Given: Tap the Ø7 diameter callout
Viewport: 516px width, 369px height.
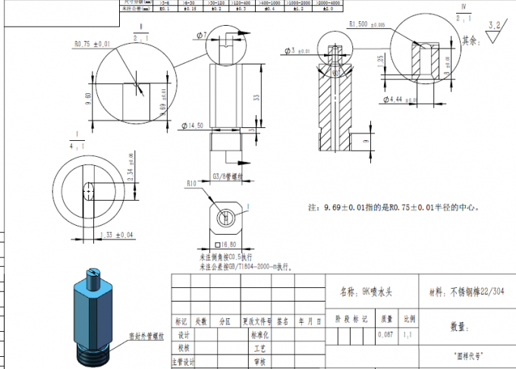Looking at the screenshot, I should [202, 36].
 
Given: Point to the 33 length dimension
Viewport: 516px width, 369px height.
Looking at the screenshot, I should [256, 98].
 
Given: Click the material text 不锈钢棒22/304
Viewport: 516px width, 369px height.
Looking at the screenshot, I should [473, 290].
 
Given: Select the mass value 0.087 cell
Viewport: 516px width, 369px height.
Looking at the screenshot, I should [387, 333].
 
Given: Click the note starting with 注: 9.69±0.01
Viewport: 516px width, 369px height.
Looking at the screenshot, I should [392, 206].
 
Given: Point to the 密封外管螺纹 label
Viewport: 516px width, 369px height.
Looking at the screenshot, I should [147, 334].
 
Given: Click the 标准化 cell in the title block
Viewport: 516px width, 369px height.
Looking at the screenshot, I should [255, 333].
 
